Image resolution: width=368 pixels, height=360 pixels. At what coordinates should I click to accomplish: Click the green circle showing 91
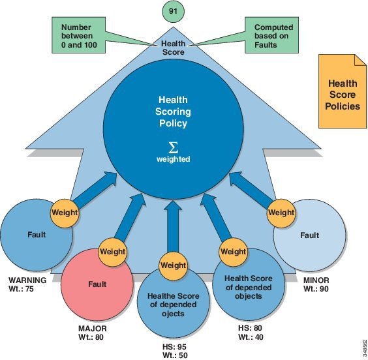pyautogui.click(x=173, y=12)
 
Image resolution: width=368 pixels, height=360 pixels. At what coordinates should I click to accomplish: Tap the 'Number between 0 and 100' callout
pyautogui.click(x=78, y=35)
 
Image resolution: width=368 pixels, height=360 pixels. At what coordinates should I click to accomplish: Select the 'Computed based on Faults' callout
pyautogui.click(x=272, y=35)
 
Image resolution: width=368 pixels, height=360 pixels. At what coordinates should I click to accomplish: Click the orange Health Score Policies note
pyautogui.click(x=343, y=91)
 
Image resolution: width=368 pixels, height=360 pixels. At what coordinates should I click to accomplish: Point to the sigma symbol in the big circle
pyautogui.click(x=173, y=147)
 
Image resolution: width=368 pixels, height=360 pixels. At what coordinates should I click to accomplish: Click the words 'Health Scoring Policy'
pyautogui.click(x=173, y=112)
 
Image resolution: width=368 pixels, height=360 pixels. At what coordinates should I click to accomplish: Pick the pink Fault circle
pyautogui.click(x=97, y=284)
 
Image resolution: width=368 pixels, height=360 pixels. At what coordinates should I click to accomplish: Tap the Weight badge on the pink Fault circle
pyautogui.click(x=112, y=252)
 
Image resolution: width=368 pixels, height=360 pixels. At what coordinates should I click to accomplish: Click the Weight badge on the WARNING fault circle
pyautogui.click(x=65, y=213)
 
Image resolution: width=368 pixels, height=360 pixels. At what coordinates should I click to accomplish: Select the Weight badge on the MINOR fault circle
pyautogui.click(x=281, y=213)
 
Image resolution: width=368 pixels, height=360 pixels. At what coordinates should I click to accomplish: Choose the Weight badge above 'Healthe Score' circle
pyautogui.click(x=173, y=265)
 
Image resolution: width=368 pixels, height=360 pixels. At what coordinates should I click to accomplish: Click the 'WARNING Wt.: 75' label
pyautogui.click(x=27, y=284)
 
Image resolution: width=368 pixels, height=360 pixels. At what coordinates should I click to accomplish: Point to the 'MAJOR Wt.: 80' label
pyautogui.click(x=92, y=333)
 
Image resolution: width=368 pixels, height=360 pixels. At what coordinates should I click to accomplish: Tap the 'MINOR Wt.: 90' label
pyautogui.click(x=316, y=284)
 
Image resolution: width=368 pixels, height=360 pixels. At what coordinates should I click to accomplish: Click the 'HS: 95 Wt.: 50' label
pyautogui.click(x=175, y=351)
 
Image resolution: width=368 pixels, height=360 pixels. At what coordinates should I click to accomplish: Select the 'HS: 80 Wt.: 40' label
pyautogui.click(x=251, y=333)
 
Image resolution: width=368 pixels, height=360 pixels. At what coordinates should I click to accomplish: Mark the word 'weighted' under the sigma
pyautogui.click(x=173, y=159)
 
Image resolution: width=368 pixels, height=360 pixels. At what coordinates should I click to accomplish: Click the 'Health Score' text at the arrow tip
pyautogui.click(x=173, y=48)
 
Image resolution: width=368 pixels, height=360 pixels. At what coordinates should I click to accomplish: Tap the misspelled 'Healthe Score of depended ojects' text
pyautogui.click(x=173, y=305)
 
